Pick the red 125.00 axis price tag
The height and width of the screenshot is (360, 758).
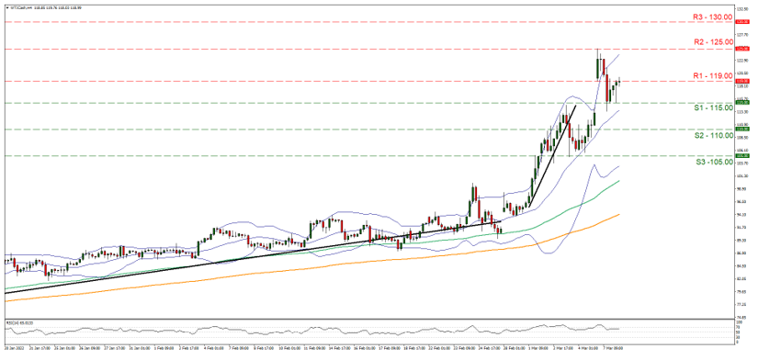point(743,48)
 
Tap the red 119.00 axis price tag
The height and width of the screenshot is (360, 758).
point(743,81)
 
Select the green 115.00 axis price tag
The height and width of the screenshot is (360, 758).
point(743,102)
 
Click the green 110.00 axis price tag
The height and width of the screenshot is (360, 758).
point(743,129)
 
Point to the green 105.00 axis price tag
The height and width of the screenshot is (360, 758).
point(743,155)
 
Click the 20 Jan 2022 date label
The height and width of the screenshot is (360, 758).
point(14,349)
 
